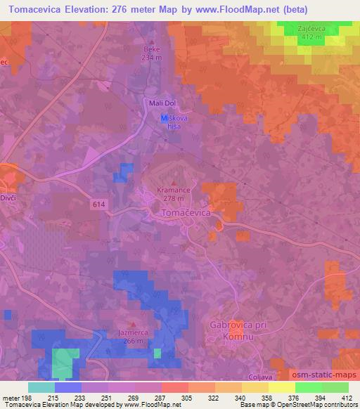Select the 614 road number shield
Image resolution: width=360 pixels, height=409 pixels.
click(x=99, y=203)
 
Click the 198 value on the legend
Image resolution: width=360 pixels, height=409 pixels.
click(x=28, y=398)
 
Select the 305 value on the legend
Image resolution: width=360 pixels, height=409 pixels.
click(x=187, y=398)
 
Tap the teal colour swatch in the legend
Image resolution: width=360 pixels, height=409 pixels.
click(x=41, y=387)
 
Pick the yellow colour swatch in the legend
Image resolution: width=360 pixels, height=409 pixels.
click(x=281, y=387)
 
